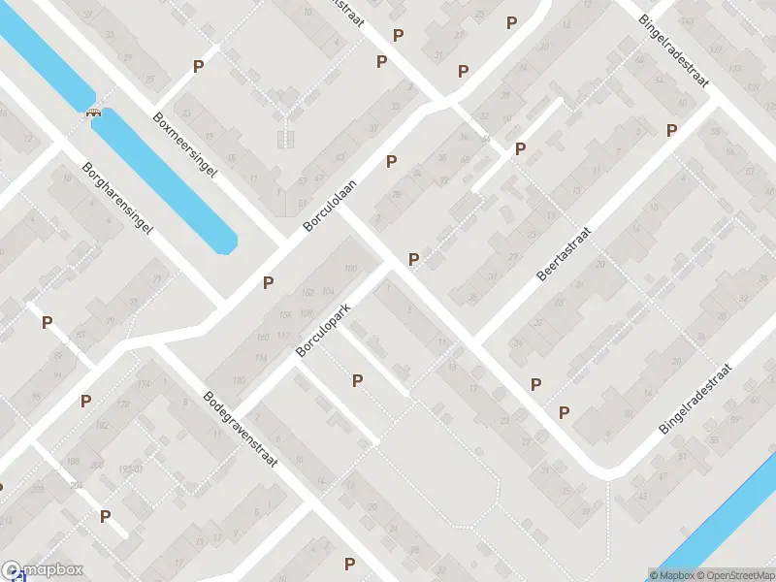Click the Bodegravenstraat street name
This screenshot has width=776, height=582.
tap(240, 429)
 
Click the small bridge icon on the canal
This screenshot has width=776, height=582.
tap(94, 111)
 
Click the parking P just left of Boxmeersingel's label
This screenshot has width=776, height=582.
tap(199, 67)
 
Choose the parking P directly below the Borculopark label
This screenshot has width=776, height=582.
tap(358, 381)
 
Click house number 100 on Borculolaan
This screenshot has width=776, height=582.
tap(350, 269)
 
